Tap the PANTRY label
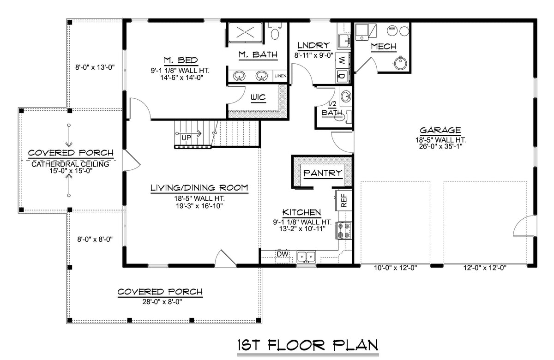[x=323, y=173]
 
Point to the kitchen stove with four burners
[x=344, y=230]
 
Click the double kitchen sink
[x=306, y=256]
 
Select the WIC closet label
[x=257, y=98]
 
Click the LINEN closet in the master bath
[x=280, y=76]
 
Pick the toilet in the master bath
[x=276, y=33]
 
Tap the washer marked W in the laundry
[x=342, y=60]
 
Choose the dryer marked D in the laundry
[x=342, y=76]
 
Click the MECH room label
[x=384, y=46]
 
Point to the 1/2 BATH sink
[x=345, y=97]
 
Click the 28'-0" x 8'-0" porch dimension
[x=160, y=302]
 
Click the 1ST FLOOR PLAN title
[x=308, y=345]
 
